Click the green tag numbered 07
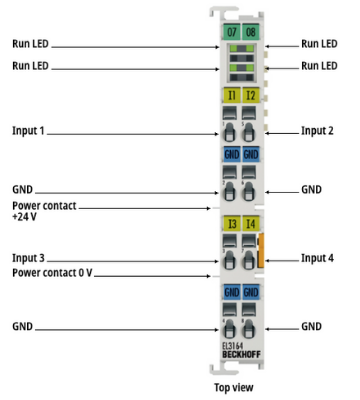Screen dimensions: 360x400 (231, 32)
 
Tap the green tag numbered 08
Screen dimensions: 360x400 (251, 32)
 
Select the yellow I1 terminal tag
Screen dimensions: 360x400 (231, 96)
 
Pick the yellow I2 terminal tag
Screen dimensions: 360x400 (251, 96)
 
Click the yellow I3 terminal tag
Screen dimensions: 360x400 (231, 223)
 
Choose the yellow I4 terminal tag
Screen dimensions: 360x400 (251, 223)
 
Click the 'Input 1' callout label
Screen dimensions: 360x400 (28, 131)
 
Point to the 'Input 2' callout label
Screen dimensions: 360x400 (317, 131)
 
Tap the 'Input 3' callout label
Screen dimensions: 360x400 (28, 258)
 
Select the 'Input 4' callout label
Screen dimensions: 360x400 (317, 258)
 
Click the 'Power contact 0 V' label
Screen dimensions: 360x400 (52, 273)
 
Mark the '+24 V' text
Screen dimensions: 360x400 (24, 217)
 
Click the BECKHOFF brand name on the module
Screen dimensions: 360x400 (241, 354)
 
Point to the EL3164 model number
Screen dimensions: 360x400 (233, 346)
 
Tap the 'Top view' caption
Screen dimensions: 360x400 (234, 387)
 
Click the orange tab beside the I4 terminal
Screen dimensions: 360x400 (261, 250)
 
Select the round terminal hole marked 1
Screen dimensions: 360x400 (229, 132)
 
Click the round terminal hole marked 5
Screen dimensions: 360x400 (248, 132)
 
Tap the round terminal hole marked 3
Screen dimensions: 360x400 (229, 260)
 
